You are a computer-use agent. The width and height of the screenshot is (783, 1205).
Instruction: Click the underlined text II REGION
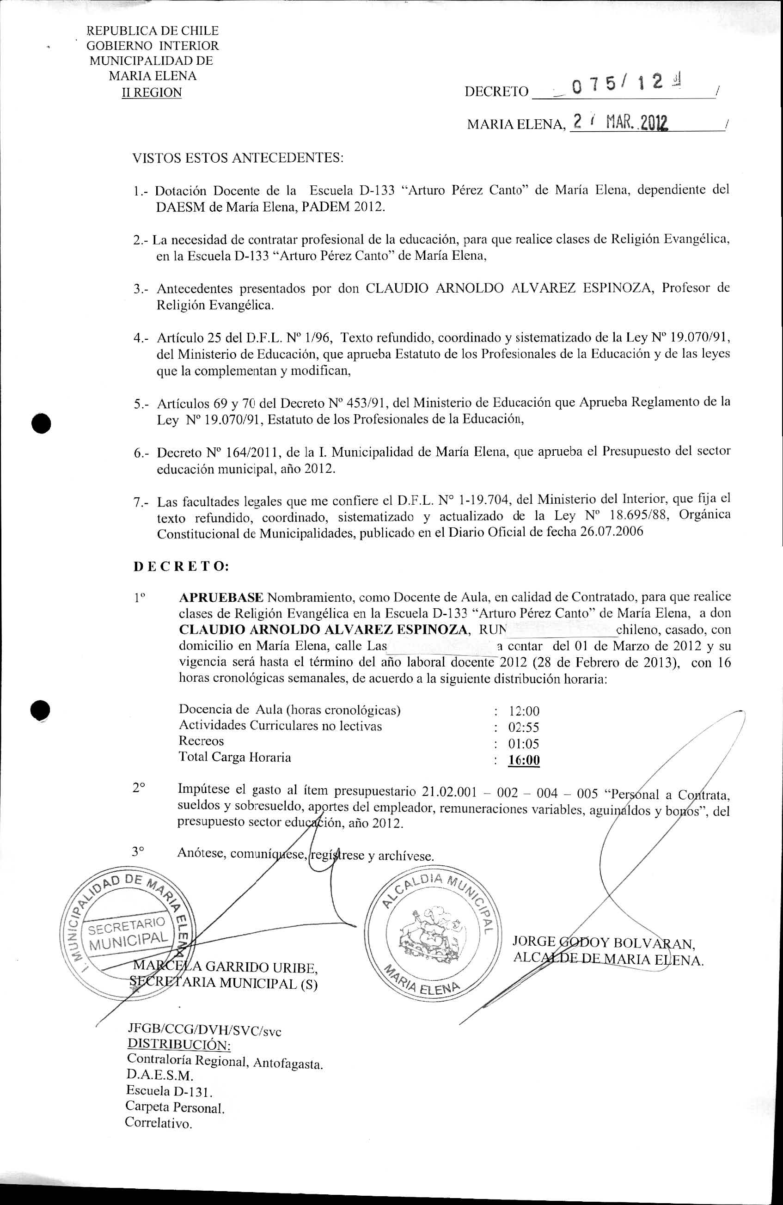[x=152, y=92]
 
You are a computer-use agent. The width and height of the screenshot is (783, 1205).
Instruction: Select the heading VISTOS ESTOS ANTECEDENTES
[x=238, y=158]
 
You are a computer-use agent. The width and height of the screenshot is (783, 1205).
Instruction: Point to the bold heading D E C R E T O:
[x=181, y=567]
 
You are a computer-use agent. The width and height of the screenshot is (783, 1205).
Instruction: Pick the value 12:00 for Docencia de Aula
[x=524, y=711]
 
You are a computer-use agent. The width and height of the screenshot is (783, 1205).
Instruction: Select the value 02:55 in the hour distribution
[x=524, y=728]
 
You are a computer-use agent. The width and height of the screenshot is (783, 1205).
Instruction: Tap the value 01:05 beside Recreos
[x=524, y=744]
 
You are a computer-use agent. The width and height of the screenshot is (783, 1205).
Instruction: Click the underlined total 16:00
[x=524, y=760]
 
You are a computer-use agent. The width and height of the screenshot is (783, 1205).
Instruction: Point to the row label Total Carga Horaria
[x=234, y=758]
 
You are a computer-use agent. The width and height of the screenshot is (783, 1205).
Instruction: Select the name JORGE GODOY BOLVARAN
[x=603, y=942]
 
